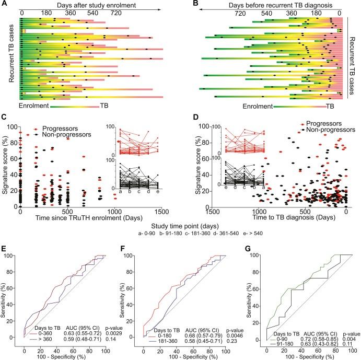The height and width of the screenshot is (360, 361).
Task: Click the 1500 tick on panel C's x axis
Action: tap(162, 213)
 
